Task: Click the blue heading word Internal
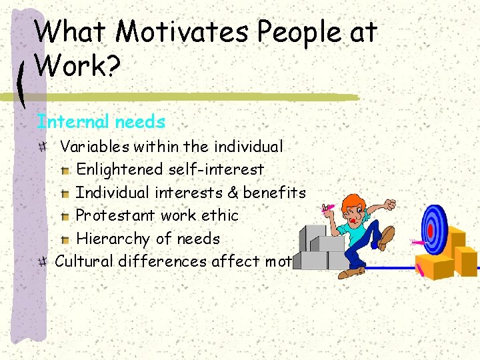73,122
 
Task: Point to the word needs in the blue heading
140,122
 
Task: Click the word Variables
95,146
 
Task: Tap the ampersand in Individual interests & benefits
233,193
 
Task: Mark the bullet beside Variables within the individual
43,146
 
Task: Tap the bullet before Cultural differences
43,261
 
